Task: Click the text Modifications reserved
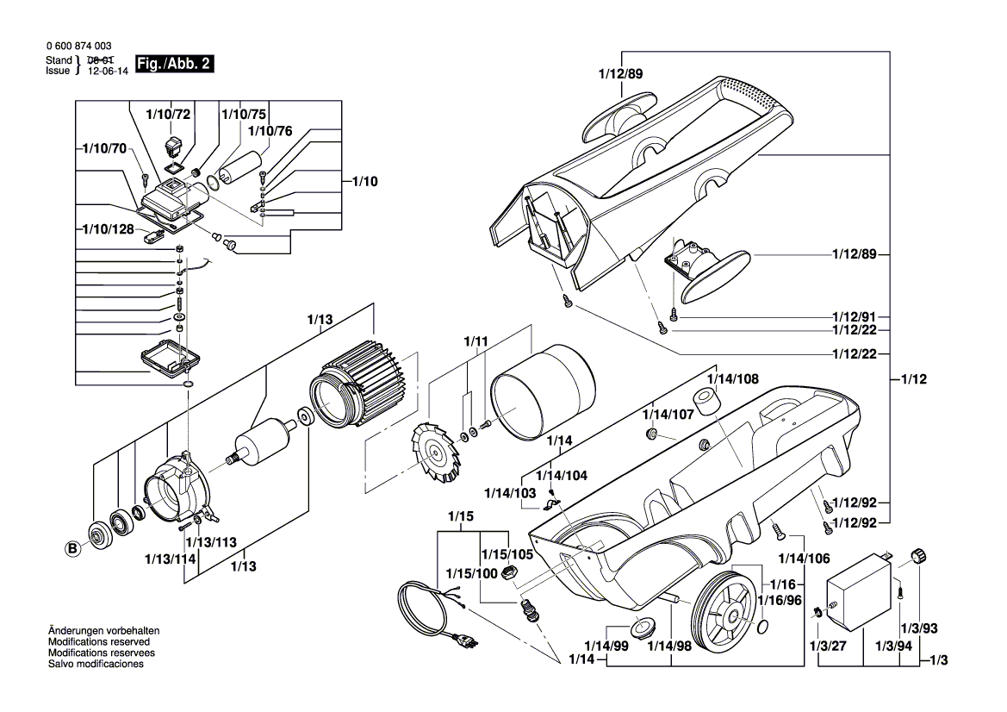99,642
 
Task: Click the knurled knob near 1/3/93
918,555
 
